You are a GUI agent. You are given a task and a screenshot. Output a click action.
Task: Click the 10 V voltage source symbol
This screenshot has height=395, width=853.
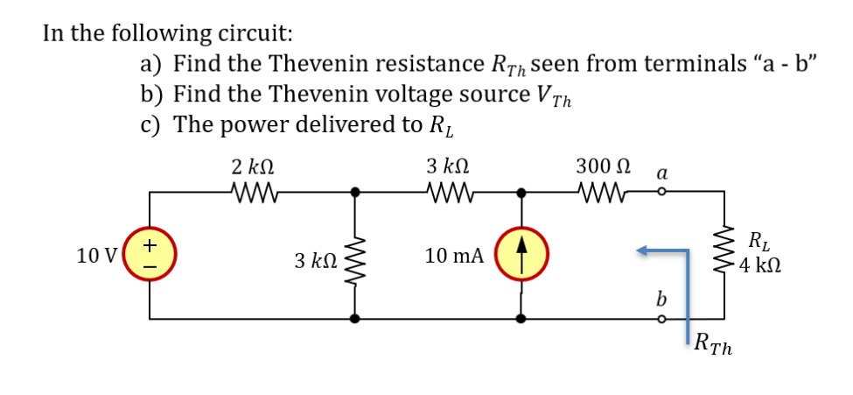(151, 255)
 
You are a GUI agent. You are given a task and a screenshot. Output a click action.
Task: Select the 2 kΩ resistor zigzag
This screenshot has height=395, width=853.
(255, 190)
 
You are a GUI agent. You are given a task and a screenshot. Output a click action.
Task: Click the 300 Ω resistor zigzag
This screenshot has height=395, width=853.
(600, 190)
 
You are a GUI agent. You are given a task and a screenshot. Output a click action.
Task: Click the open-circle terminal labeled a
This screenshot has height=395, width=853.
(661, 190)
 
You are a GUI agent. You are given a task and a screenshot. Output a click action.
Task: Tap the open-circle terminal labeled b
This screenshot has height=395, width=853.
(661, 320)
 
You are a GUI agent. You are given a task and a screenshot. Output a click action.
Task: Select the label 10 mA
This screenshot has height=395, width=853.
(454, 256)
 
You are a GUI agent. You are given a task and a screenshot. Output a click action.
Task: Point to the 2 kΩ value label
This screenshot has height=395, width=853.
(254, 165)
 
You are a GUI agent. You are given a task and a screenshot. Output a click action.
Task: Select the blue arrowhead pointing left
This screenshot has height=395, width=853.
(646, 251)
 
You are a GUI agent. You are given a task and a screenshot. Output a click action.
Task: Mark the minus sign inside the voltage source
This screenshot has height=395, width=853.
(150, 264)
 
